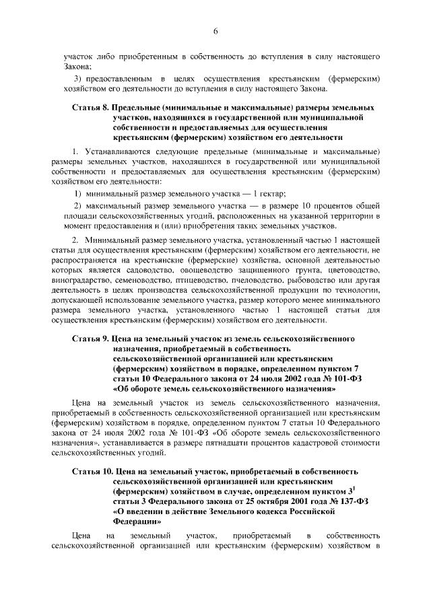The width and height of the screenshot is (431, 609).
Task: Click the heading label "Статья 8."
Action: [x=89, y=108]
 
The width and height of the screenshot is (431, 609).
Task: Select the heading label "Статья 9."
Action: [x=89, y=340]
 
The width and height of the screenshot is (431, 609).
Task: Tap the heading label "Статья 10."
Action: [x=91, y=473]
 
